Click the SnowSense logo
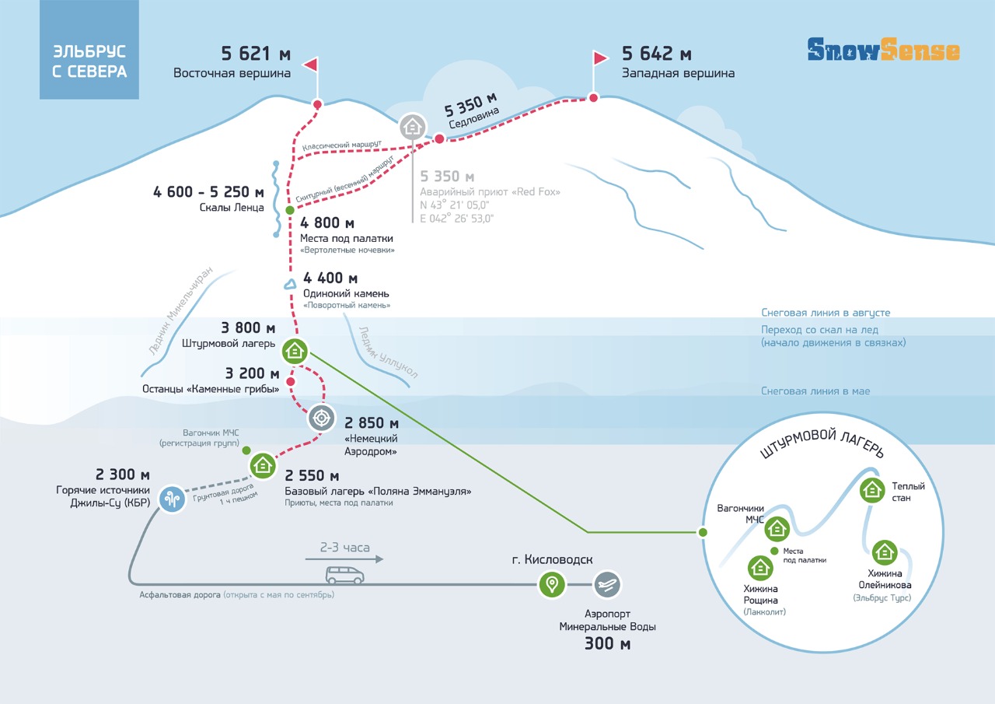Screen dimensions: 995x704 883,49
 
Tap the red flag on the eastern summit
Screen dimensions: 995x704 311,65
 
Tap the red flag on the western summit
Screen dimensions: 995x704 600,58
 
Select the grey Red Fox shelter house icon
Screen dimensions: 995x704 413,127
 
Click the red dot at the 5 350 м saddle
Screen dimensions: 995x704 439,138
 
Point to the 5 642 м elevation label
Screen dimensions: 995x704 657,54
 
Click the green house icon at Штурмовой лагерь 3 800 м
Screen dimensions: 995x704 295,351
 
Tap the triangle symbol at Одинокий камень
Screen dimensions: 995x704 290,284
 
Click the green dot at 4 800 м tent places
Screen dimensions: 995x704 290,210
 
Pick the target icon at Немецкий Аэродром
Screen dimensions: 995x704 321,418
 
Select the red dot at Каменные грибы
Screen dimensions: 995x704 291,382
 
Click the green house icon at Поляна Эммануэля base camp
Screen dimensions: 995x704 263,465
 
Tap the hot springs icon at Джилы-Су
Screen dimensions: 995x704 172,499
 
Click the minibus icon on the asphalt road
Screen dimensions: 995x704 344,575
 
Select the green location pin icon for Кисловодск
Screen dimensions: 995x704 552,584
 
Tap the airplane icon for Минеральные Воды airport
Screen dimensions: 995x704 607,584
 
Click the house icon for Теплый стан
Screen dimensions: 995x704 872,490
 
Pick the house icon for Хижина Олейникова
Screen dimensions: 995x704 885,552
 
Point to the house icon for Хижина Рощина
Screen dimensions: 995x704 760,568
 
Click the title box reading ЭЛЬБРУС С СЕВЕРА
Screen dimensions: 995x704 89,49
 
